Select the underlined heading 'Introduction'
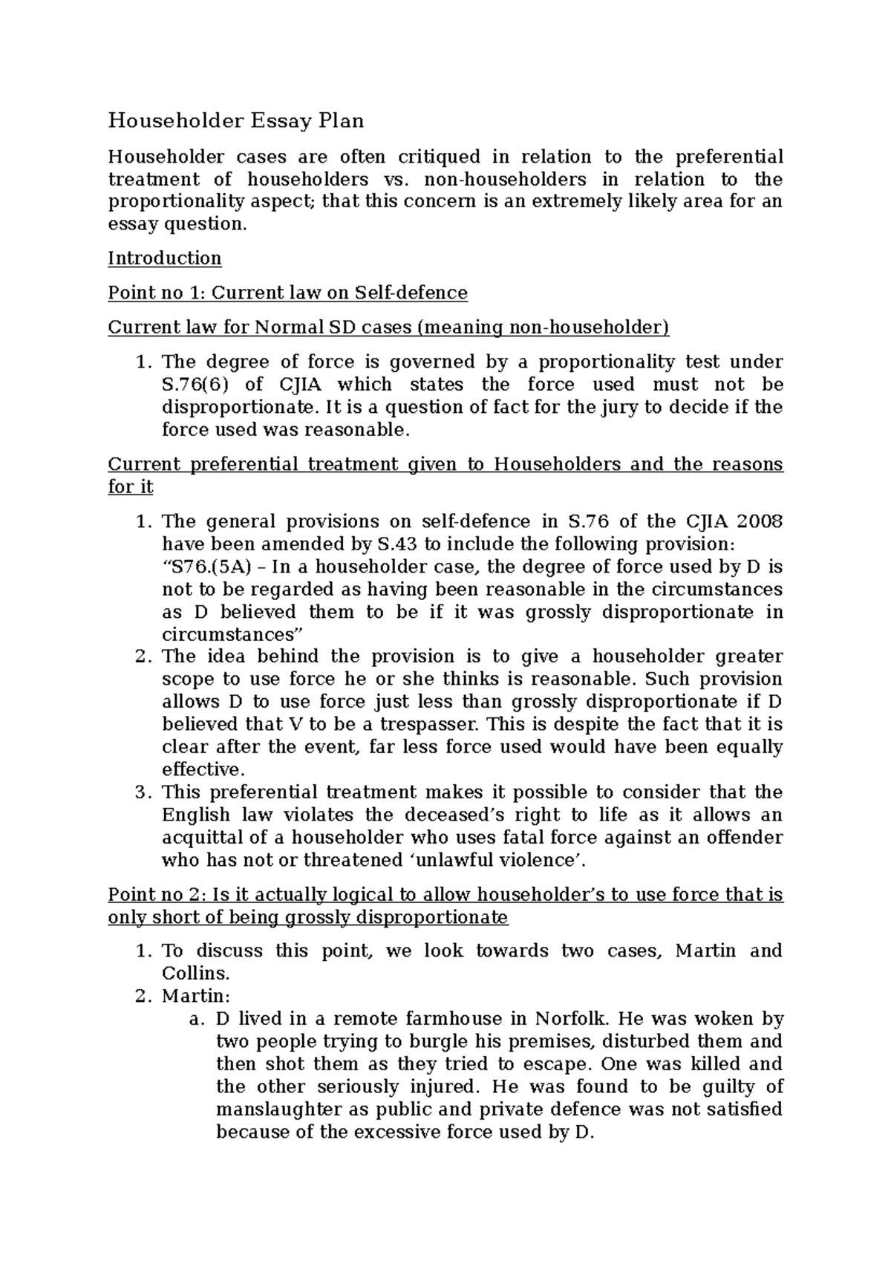[165, 258]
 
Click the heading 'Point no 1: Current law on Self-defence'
[287, 293]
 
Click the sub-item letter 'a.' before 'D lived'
[198, 1019]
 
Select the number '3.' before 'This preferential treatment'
[143, 792]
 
